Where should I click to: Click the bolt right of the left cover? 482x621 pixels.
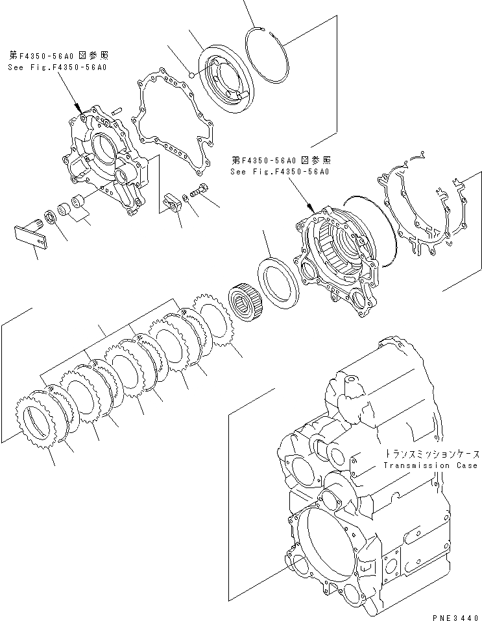tap(199, 190)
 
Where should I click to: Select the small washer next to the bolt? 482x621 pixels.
tap(186, 197)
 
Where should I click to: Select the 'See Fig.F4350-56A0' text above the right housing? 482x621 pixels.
tap(280, 172)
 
